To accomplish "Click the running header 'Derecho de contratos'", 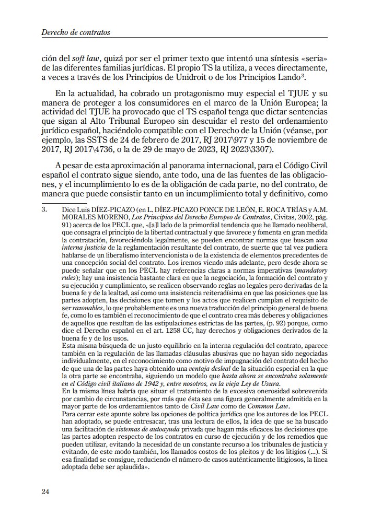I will tap(75, 32).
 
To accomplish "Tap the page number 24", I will tap(46, 491).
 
